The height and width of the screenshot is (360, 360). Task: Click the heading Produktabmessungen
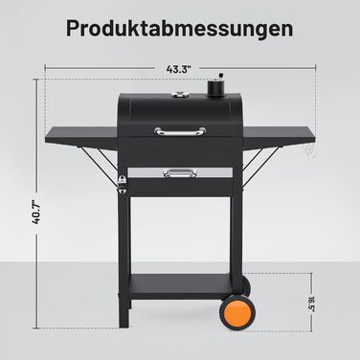pyautogui.click(x=180, y=29)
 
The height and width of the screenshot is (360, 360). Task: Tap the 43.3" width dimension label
pyautogui.click(x=178, y=69)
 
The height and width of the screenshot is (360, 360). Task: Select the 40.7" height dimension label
pyautogui.click(x=36, y=213)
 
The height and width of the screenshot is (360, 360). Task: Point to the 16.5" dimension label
pyautogui.click(x=312, y=304)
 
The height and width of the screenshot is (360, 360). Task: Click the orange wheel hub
pyautogui.click(x=237, y=313)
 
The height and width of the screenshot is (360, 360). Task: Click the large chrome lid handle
pyautogui.click(x=180, y=131)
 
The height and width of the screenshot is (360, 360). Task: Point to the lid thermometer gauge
pyautogui.click(x=180, y=95)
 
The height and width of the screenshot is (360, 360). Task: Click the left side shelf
pyautogui.click(x=81, y=138)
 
